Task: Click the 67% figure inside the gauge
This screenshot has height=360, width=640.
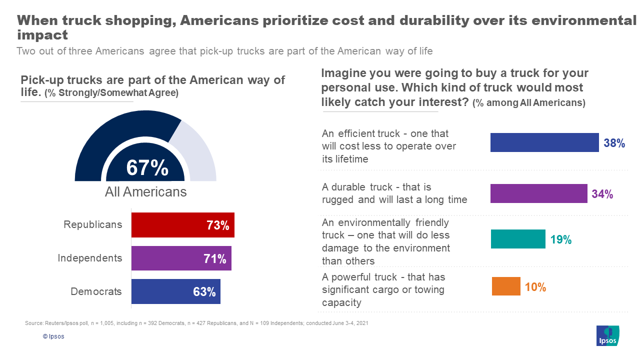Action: point(147,168)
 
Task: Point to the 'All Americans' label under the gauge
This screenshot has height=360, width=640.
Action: point(145,192)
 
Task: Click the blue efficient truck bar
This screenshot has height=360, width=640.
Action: point(544,142)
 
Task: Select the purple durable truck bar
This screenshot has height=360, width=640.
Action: point(538,193)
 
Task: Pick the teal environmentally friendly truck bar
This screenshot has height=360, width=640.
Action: point(517,239)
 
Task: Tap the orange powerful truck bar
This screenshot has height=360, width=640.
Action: point(506,286)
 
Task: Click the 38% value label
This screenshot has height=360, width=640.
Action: point(614,143)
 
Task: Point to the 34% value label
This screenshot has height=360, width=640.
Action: point(602,194)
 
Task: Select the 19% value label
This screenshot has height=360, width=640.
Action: point(560,240)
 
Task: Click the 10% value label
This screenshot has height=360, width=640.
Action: point(535,287)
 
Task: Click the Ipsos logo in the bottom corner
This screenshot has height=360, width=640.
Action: point(608,335)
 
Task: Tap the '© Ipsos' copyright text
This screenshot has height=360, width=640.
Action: point(53,336)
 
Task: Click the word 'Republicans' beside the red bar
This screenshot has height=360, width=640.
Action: point(92,225)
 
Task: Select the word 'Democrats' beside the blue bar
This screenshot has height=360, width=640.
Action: point(96,291)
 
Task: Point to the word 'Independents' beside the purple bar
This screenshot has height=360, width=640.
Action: point(89,258)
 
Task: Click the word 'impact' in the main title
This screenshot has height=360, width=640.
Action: point(42,35)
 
